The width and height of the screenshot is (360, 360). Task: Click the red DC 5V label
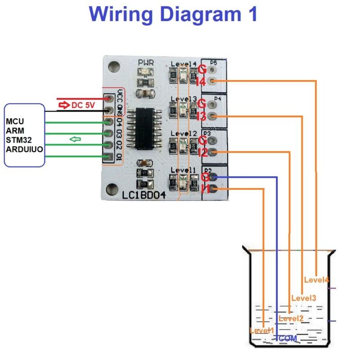83,105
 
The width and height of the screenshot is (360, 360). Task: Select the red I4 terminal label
201,82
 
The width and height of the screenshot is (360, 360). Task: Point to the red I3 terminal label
201,117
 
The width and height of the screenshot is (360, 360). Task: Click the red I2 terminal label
202,153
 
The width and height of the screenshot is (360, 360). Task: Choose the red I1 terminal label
206,189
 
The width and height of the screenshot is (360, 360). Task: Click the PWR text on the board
145,62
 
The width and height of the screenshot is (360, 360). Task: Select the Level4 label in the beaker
317,279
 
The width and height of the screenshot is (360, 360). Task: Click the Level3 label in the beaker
304,297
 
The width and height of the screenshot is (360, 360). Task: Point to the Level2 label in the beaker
291,319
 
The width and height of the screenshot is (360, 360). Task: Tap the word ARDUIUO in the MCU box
24,148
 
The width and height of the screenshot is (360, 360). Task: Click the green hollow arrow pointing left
75,139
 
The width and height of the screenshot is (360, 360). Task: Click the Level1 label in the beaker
261,330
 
